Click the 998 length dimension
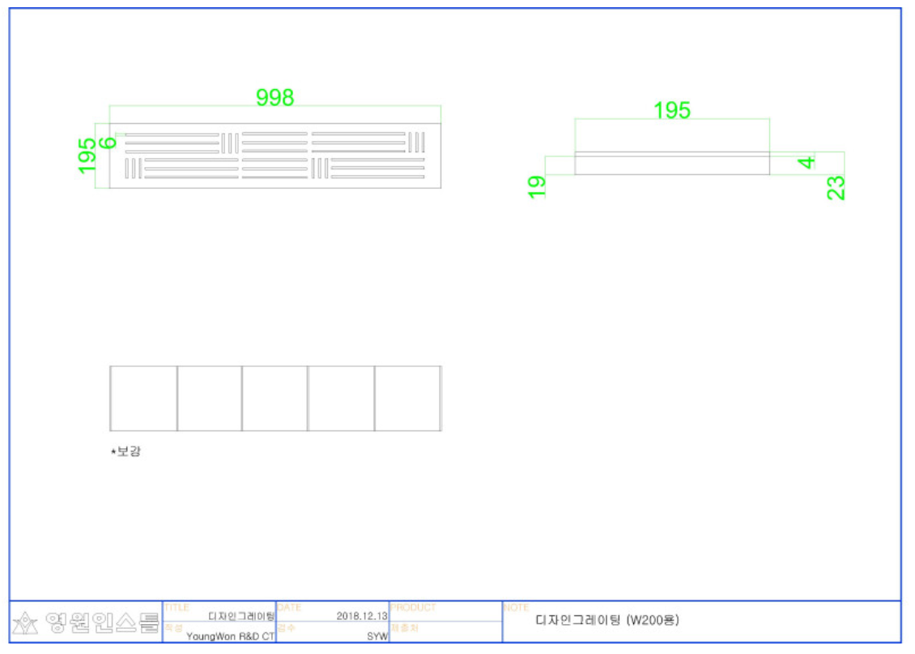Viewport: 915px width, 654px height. (x=275, y=98)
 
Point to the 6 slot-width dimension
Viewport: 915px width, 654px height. (x=109, y=143)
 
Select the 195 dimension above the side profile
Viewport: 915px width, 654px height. (x=672, y=111)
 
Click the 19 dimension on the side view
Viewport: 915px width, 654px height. (x=537, y=186)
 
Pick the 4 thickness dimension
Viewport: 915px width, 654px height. (x=806, y=162)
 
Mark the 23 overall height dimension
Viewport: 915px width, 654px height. (x=836, y=187)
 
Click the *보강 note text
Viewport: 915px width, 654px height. (x=126, y=451)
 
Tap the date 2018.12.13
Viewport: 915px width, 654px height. (x=362, y=616)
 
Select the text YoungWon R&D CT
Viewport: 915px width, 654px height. (x=230, y=636)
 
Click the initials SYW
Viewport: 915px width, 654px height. (x=377, y=636)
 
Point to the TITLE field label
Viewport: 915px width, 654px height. (x=177, y=608)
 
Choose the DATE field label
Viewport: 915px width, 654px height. (x=289, y=608)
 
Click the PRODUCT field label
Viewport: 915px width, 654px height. (x=413, y=608)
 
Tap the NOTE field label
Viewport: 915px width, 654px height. (x=517, y=608)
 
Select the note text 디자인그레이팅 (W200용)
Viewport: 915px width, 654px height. (x=607, y=621)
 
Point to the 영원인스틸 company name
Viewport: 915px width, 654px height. (x=102, y=622)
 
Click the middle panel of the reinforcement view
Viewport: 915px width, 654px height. (x=274, y=398)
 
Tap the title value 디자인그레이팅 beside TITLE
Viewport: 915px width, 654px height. (x=241, y=616)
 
